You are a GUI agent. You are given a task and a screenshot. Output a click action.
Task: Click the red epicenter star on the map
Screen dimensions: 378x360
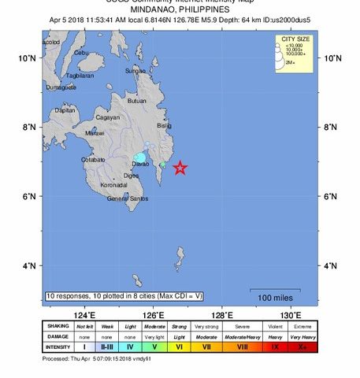pos(180,168)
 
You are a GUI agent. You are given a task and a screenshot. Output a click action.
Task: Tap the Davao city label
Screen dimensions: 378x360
pos(140,163)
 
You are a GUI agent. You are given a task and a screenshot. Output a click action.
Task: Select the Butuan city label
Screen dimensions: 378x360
pos(137,101)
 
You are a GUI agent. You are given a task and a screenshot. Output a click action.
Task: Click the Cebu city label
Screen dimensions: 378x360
pos(80,53)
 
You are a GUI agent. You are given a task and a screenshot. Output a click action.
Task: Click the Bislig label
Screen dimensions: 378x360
pos(164,125)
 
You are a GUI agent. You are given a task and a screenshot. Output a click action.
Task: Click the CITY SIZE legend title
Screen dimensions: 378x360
pos(291,39)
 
